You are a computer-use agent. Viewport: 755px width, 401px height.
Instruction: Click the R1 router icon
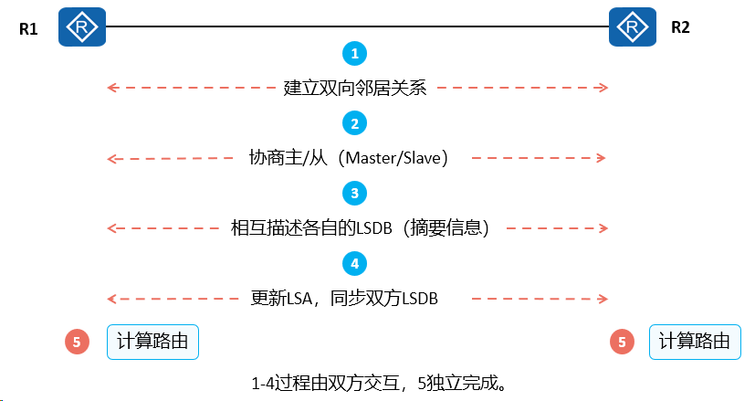82,27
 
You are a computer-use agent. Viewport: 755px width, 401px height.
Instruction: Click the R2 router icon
633,27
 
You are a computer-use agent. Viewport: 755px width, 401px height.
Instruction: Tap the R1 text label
28,29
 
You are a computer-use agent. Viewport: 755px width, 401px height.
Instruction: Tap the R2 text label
680,27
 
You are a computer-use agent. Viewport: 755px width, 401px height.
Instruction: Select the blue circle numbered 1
355,54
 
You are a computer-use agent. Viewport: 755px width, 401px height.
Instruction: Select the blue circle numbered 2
355,123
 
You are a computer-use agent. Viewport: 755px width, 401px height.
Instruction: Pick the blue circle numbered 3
355,194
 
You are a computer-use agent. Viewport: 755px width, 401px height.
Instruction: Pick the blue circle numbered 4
355,264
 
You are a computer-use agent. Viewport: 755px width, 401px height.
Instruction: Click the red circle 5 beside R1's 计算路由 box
77,342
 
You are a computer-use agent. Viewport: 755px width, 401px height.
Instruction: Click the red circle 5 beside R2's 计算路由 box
622,342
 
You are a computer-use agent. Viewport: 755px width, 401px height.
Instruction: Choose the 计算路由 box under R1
152,342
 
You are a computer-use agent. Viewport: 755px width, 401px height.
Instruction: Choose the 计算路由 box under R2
695,342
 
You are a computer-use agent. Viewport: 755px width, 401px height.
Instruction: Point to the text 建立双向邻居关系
355,89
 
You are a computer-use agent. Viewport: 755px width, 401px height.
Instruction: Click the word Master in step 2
372,158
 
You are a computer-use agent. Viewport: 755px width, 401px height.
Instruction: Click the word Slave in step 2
423,158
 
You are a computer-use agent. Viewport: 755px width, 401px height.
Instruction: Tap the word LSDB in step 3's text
374,228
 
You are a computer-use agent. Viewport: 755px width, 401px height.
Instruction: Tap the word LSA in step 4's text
299,299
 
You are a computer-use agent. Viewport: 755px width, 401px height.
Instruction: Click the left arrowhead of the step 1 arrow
111,88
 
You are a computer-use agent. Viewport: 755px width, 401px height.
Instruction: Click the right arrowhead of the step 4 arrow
603,299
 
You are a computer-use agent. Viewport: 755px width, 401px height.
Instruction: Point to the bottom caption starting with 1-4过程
379,384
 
